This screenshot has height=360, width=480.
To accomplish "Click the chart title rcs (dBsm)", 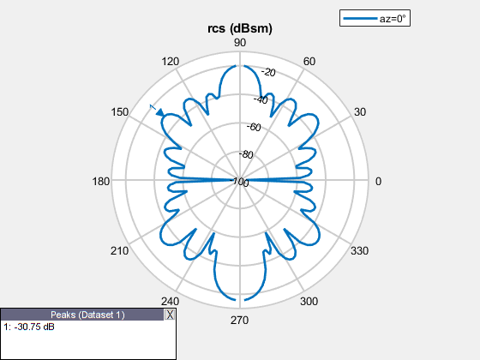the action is click(x=240, y=28).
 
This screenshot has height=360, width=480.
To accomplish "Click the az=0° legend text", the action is click(x=393, y=19).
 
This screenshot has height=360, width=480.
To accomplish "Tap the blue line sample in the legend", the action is click(x=360, y=18).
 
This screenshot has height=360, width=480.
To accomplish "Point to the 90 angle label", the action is click(x=240, y=43).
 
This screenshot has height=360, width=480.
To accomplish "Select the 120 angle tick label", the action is click(x=171, y=62).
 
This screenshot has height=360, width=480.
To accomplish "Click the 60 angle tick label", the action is click(x=309, y=62).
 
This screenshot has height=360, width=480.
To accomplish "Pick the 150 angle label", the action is click(x=119, y=112).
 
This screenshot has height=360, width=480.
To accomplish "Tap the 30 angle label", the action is click(x=360, y=112).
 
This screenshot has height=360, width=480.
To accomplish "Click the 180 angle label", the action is click(x=101, y=182).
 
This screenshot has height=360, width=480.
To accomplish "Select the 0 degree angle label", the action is click(x=378, y=182).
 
